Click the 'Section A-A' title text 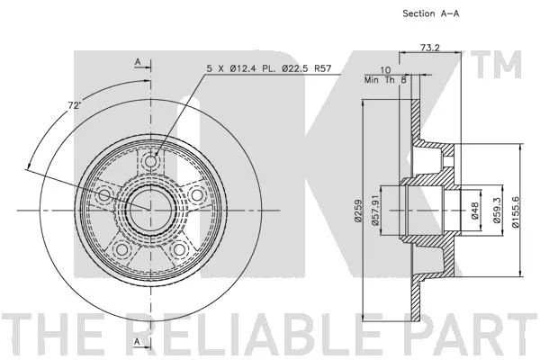[x=431, y=13]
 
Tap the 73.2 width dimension [x=430, y=48]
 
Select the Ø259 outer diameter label [x=358, y=211]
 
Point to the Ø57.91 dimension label [x=375, y=210]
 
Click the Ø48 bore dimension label [x=475, y=211]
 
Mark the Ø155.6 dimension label [x=516, y=211]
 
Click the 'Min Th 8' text [x=385, y=80]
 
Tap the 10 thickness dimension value [x=385, y=70]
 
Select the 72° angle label [x=74, y=105]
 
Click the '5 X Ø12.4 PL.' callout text [x=239, y=68]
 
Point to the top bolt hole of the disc [x=151, y=161]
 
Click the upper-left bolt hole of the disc [x=104, y=195]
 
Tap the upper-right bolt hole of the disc [x=196, y=195]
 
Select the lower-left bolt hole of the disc [x=121, y=249]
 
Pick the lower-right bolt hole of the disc [x=179, y=249]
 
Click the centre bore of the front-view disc [x=151, y=210]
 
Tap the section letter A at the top [x=138, y=62]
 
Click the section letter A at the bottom [x=137, y=341]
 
